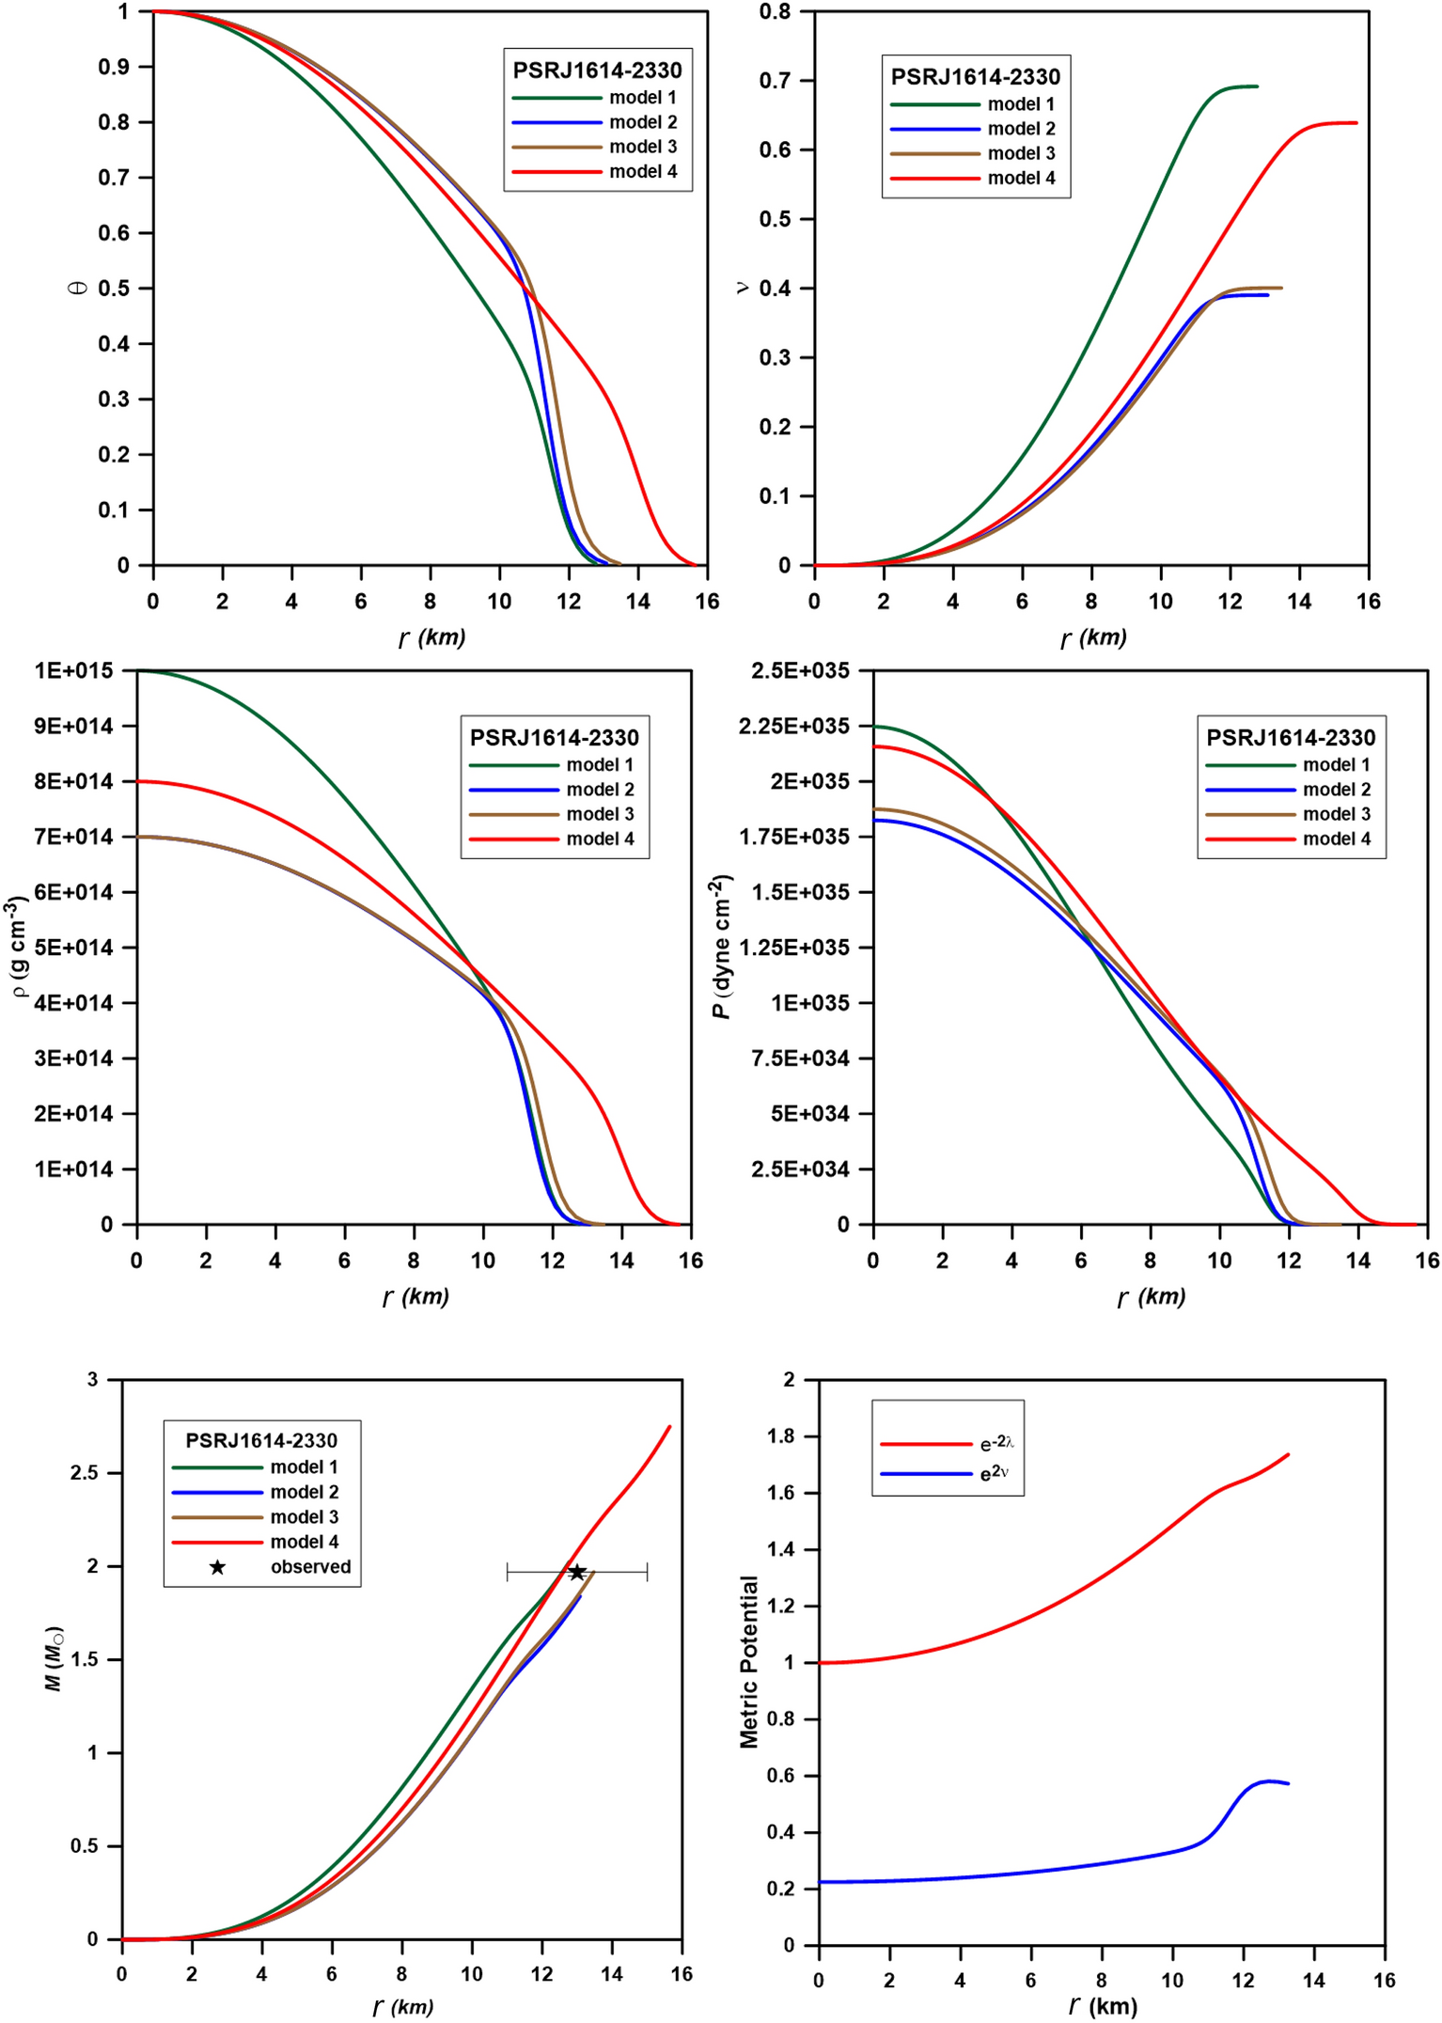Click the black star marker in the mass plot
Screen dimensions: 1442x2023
[x=577, y=1572]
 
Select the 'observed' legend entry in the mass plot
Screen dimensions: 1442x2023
[x=310, y=1567]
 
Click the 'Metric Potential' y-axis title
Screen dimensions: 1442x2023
[x=748, y=1662]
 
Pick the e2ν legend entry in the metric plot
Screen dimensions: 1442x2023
[x=994, y=1473]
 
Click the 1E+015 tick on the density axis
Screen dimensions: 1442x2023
[x=73, y=670]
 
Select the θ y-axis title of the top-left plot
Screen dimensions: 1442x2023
[x=79, y=288]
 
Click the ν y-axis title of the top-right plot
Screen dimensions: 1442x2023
[x=742, y=288]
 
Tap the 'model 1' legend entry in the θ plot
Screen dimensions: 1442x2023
[x=642, y=98]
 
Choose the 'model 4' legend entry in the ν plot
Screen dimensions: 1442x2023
[x=1021, y=179]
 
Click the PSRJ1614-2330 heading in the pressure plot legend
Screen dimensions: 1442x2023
[x=1290, y=738]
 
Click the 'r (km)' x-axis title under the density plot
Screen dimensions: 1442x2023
[x=415, y=1296]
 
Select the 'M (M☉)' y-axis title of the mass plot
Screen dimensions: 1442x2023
[x=55, y=1658]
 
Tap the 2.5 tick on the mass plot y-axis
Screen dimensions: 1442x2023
[x=85, y=1473]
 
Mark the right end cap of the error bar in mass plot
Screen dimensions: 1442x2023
[x=648, y=1572]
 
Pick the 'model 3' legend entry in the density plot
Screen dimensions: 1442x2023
[x=600, y=814]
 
